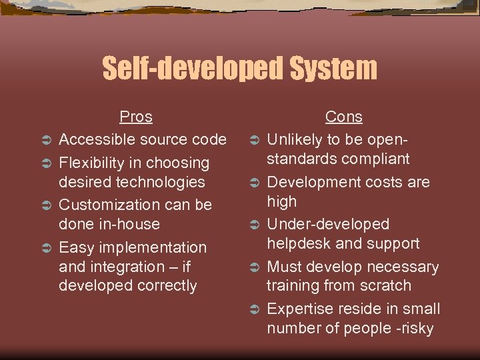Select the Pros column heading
pos(136,117)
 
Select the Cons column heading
pos(344,117)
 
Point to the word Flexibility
pos(93,163)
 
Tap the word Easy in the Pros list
pos(75,247)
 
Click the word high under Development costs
pos(282,201)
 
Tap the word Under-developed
pos(328,225)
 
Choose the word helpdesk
pos(299,244)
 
